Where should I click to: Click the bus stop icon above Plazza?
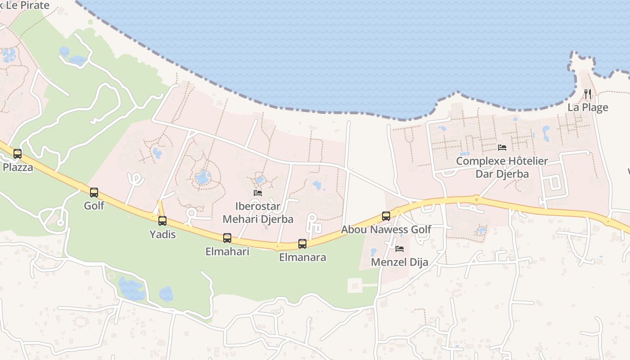coord(18,154)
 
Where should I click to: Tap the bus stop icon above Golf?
coord(94,193)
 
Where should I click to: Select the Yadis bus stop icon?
coord(162,221)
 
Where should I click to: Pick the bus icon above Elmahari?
coord(227,238)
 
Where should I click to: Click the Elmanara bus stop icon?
coord(302,244)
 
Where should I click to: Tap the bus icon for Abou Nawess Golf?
coord(386,216)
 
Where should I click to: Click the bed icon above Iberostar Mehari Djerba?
coord(258,193)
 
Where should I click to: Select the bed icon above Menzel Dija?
coord(400,249)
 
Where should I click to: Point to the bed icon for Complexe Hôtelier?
coord(502,148)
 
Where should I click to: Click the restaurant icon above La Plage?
coord(588,94)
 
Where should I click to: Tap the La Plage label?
coord(588,108)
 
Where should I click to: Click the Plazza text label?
coord(18,167)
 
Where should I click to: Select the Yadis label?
coord(162,234)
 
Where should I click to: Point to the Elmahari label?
coord(227,252)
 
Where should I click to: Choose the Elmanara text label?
coord(302,257)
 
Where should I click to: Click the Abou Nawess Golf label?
coord(386,229)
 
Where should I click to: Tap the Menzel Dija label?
coord(400,262)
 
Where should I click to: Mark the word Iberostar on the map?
coord(258,207)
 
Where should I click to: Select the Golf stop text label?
coord(94,206)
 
